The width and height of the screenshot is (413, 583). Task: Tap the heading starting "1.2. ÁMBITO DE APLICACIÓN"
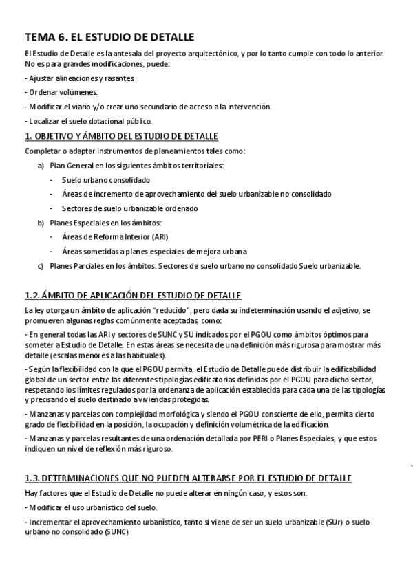pos(132,296)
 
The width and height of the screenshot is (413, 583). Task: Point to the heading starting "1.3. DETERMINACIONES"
pos(188,478)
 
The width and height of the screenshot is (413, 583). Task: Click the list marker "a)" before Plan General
pos(41,166)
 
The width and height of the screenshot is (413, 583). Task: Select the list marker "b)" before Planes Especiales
pos(41,223)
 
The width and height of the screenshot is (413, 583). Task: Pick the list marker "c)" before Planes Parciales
pos(41,266)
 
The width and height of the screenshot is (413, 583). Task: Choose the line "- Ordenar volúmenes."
pos(61,92)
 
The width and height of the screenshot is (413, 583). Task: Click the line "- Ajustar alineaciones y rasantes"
pos(79,78)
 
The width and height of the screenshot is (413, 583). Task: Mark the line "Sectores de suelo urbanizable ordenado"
pos(129,208)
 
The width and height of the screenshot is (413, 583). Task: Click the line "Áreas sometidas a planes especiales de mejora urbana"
pos(154,252)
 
